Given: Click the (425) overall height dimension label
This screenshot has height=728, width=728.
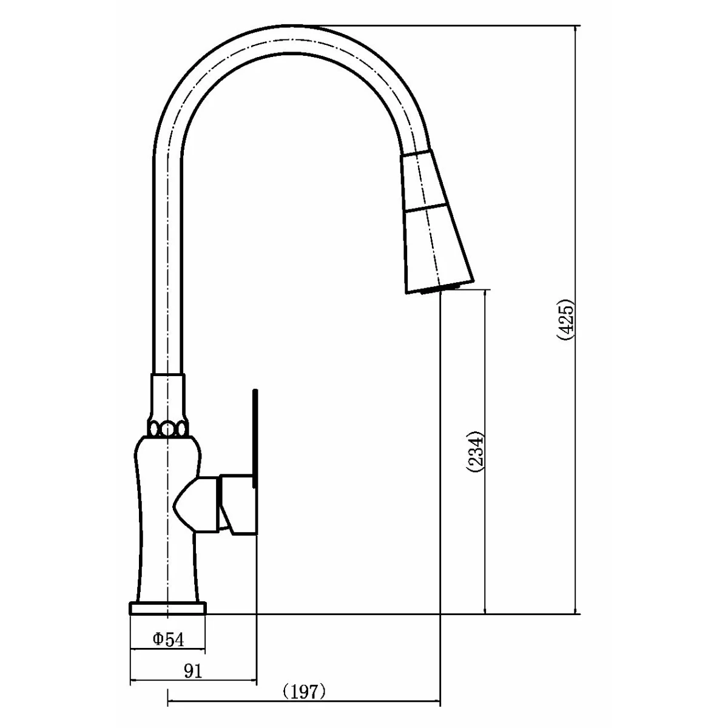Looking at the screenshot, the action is [x=566, y=321].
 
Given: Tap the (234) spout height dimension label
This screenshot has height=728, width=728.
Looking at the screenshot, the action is [x=475, y=451].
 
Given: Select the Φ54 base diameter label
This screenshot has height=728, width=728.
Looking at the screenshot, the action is [x=169, y=639].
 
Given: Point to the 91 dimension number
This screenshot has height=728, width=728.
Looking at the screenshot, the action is [x=193, y=671].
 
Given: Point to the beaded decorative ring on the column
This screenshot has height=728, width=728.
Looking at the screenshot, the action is [x=167, y=429].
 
